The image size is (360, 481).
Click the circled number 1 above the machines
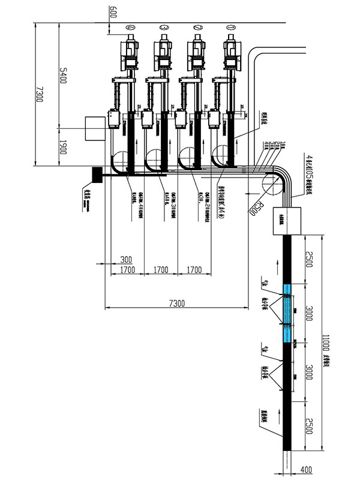coord(229,28)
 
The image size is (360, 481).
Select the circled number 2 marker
coord(196,28)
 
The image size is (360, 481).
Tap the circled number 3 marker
coord(163,28)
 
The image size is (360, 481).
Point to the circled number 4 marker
coord(130,28)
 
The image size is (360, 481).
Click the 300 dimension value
coord(125,260)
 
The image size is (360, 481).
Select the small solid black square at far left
coord(98,175)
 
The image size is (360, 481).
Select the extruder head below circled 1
coord(230,57)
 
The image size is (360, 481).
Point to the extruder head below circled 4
coord(130,57)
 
